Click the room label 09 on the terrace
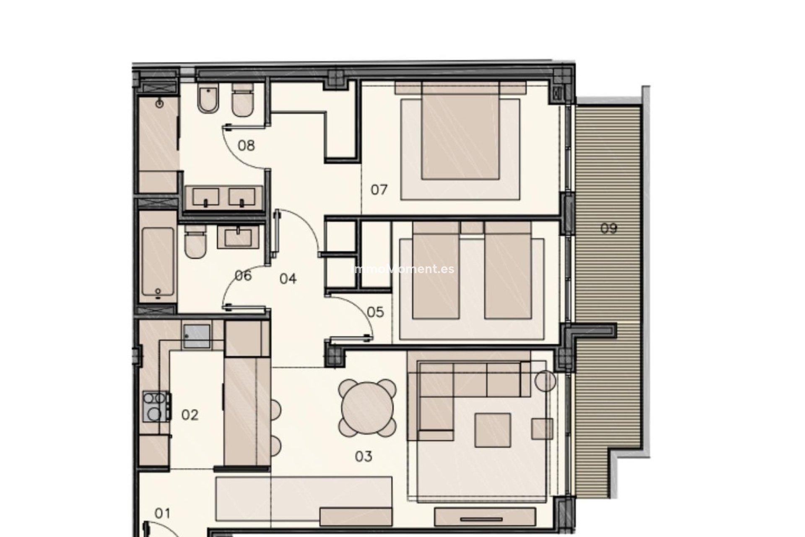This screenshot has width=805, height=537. (x=609, y=229)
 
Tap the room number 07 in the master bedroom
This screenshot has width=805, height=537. (x=379, y=190)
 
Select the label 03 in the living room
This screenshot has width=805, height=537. (x=364, y=456)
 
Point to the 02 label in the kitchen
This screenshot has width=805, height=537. (x=190, y=415)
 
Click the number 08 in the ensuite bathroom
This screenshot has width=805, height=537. (x=246, y=146)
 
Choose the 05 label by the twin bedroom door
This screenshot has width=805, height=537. (x=375, y=312)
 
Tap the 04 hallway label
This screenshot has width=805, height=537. (x=288, y=279)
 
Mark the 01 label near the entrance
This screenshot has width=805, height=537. (x=163, y=513)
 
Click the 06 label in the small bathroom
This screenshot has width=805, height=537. (x=243, y=276)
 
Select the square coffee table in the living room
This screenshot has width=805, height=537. (x=493, y=430)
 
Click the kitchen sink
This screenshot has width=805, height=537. (x=197, y=336)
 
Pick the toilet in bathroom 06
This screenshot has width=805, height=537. (x=195, y=243)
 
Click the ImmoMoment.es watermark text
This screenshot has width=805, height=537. (x=402, y=269)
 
